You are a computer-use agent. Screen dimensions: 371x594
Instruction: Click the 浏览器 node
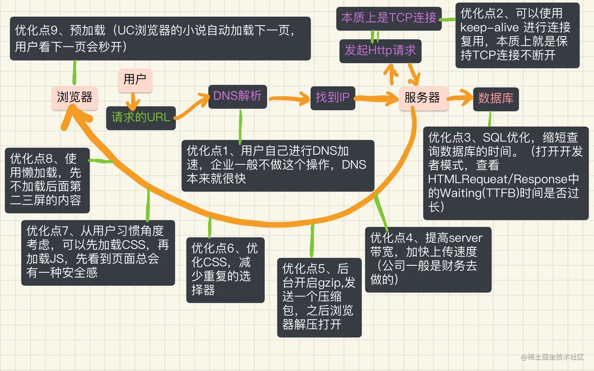(x=75, y=97)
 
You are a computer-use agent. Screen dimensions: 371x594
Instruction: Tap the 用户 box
(x=135, y=80)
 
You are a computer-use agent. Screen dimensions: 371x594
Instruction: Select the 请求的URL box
(x=141, y=117)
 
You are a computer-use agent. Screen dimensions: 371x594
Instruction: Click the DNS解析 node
(x=237, y=96)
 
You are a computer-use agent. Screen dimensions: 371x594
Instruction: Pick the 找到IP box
(x=332, y=97)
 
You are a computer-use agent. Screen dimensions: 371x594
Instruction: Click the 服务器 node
(x=423, y=98)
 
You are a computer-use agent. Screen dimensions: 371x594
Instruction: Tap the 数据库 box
(x=496, y=99)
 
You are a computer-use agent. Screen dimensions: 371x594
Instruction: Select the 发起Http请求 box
(x=380, y=51)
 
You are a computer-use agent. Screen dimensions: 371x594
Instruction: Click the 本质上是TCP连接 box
(x=389, y=18)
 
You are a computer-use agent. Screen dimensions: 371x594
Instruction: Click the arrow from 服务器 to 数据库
(x=460, y=98)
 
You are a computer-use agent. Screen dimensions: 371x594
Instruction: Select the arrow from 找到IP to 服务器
(x=376, y=99)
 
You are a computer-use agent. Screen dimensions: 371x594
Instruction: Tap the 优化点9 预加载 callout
(x=160, y=38)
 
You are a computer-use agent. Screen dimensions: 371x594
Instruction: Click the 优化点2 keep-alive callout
(x=517, y=35)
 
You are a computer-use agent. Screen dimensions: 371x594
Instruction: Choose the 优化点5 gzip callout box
(x=319, y=297)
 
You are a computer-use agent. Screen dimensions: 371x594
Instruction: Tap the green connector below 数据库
(x=490, y=119)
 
